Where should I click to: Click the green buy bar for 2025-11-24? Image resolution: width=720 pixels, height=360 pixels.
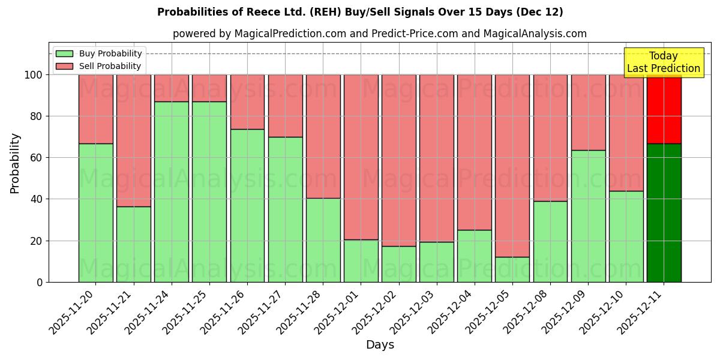point(172,192)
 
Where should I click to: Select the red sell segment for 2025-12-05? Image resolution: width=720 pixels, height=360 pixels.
point(512,166)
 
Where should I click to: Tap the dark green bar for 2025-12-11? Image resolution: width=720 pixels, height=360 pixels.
point(664,213)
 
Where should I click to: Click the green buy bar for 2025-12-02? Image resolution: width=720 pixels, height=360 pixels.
point(399,264)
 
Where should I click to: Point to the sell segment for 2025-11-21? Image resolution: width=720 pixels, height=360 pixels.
point(134,140)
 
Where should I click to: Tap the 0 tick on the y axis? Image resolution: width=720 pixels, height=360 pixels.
point(40,282)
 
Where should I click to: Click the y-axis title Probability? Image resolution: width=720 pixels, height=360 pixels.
point(16,163)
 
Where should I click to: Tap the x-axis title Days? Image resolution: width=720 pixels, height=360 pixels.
point(380,345)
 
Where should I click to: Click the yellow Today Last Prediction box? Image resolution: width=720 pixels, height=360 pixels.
point(664,62)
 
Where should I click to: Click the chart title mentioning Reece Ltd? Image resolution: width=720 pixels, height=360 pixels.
point(360,12)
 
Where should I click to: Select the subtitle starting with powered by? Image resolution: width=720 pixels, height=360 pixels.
point(380,34)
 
